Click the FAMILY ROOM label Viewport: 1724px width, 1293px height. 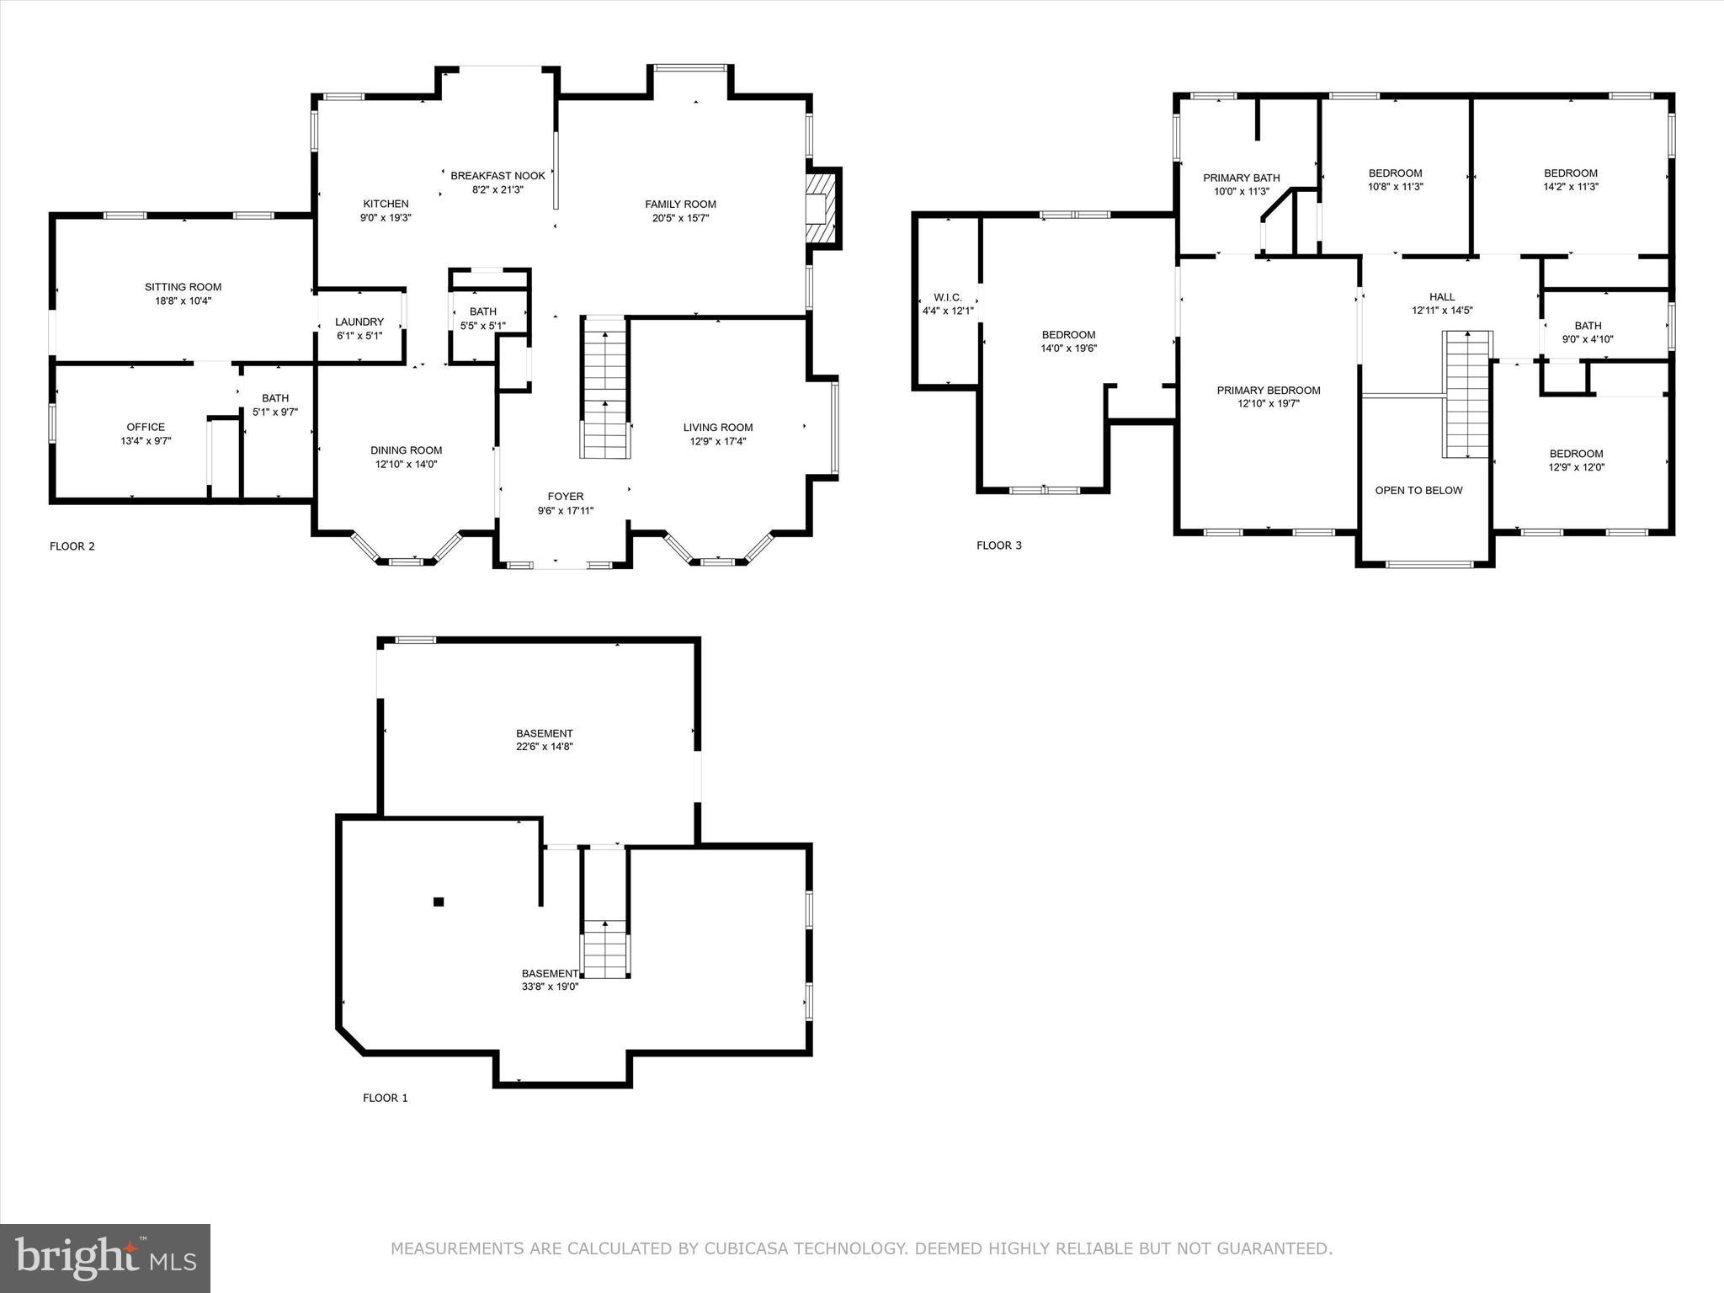coord(680,205)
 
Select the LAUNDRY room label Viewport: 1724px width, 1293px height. coord(359,322)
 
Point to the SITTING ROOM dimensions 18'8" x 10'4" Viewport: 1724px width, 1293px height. coord(183,301)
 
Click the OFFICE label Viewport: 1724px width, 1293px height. coord(146,428)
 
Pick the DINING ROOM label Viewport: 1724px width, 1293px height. coord(407,450)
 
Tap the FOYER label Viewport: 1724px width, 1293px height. coord(566,497)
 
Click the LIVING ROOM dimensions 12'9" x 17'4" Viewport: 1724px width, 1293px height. coord(718,441)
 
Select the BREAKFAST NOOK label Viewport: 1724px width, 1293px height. coord(498,176)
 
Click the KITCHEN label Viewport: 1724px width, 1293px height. coord(386,204)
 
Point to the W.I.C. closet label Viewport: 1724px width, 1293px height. coord(948,298)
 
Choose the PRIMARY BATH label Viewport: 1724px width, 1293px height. coord(1242,178)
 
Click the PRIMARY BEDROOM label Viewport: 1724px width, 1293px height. coord(1269,391)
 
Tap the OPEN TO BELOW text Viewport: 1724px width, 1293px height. coord(1419,491)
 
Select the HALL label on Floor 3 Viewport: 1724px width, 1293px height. coord(1442,297)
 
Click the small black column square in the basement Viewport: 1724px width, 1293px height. coord(438,902)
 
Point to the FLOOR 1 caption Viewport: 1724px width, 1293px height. coord(386,1098)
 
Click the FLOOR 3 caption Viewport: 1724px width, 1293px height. coord(999,545)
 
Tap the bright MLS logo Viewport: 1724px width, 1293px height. coord(105,1259)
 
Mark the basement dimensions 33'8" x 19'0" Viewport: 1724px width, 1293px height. coord(550,987)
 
